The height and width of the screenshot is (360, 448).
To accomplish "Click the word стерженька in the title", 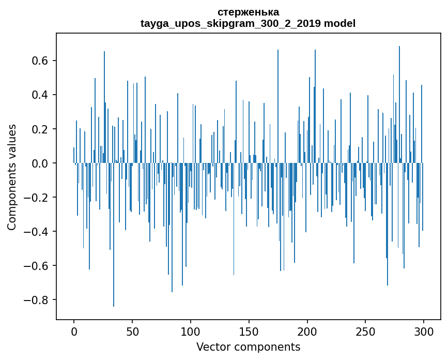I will point(248,12).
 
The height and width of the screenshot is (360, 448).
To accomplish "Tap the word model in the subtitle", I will point(340,23).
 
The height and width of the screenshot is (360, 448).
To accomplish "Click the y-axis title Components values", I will point(12,177).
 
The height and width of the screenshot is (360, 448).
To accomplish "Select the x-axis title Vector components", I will point(248,347).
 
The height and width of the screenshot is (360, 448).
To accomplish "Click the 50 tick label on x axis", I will point(132,331).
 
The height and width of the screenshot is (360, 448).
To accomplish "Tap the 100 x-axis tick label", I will point(191,331).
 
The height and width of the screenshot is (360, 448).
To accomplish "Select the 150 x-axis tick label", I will point(249,331).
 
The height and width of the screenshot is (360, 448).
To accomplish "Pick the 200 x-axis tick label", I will point(307,331).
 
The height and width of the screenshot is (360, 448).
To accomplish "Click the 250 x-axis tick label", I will point(365,331).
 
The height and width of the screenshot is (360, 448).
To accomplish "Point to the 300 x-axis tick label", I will point(424,331).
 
